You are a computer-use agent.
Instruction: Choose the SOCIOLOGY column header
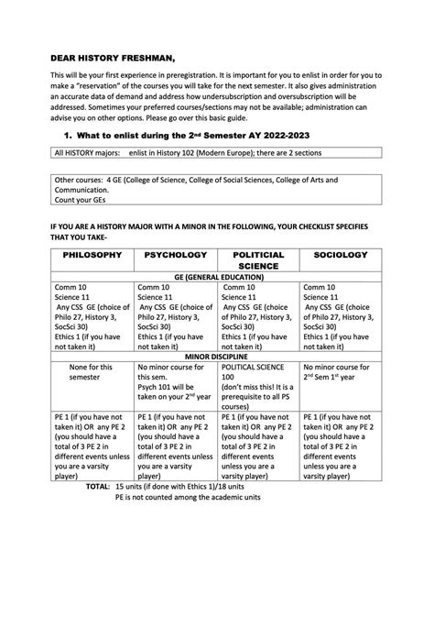click(x=340, y=254)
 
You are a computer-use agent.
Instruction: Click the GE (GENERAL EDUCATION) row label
click(x=216, y=276)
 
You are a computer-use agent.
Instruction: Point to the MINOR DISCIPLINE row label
click(x=216, y=355)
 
